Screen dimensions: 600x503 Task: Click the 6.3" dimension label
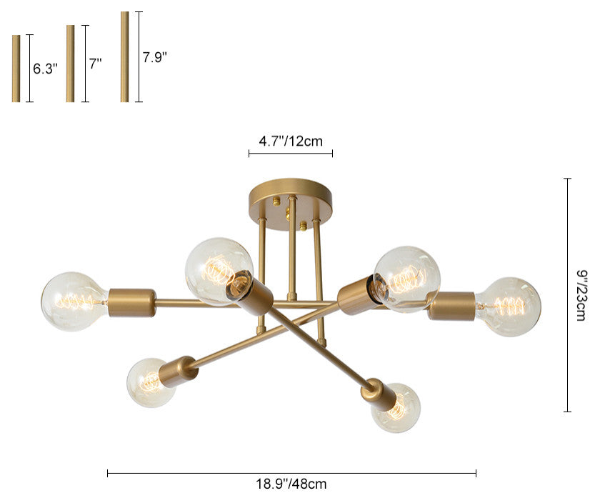[45, 69]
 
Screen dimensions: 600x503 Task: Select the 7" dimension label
[95, 64]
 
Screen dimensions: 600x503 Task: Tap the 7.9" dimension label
[155, 57]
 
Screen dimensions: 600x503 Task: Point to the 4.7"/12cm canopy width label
[291, 141]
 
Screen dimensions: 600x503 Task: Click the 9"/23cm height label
[581, 295]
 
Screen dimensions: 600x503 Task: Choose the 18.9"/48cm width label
[291, 484]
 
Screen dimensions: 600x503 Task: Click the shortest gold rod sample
[16, 69]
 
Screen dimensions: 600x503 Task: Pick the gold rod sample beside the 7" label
[71, 64]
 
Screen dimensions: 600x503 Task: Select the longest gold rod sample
[125, 56]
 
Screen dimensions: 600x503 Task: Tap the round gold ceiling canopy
[291, 204]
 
